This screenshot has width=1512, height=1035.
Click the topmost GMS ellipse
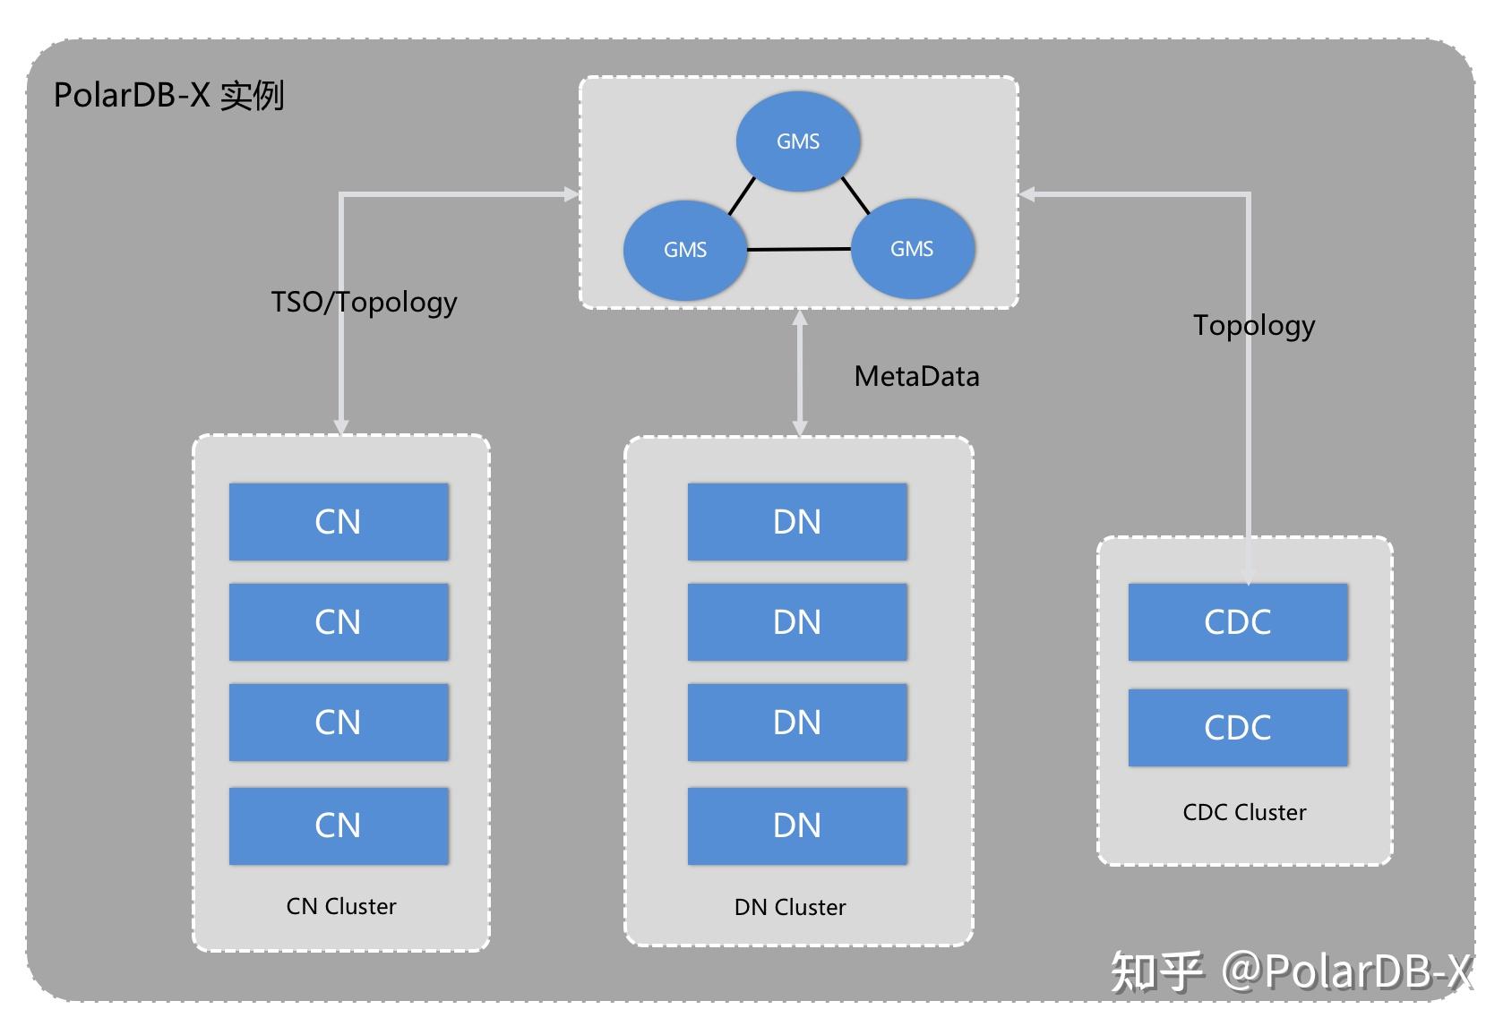[797, 141]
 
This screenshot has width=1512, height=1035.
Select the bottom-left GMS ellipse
[685, 250]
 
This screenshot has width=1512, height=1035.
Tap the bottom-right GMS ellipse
[912, 249]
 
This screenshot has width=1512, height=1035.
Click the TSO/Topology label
[364, 302]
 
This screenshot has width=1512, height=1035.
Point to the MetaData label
[916, 376]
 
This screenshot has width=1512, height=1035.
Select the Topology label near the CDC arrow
[1253, 325]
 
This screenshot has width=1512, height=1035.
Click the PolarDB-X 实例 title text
[168, 95]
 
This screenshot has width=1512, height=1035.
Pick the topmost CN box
[339, 522]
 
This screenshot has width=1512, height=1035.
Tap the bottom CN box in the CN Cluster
[339, 825]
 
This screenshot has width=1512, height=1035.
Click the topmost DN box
[797, 522]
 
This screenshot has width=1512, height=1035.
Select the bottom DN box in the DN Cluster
[797, 825]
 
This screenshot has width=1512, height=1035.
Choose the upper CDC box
[1238, 622]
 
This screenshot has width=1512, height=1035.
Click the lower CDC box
[1238, 727]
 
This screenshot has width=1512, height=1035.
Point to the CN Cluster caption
[340, 906]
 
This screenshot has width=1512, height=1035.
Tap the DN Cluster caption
[790, 907]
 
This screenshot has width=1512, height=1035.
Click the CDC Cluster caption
[1244, 812]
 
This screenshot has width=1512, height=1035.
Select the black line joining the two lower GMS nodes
[798, 249]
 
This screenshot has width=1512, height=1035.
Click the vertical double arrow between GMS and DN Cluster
[800, 372]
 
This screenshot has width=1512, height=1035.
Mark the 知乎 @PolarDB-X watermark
[1290, 971]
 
